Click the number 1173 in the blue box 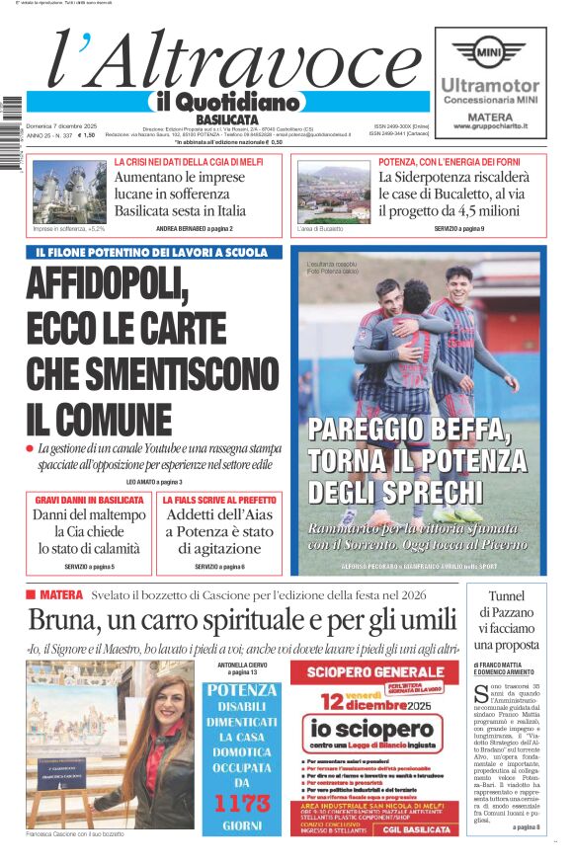(243, 803)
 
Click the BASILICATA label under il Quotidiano (226, 119)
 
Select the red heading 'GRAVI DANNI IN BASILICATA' (90, 501)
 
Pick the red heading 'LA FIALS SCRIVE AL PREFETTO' (218, 501)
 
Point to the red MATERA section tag (61, 595)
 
